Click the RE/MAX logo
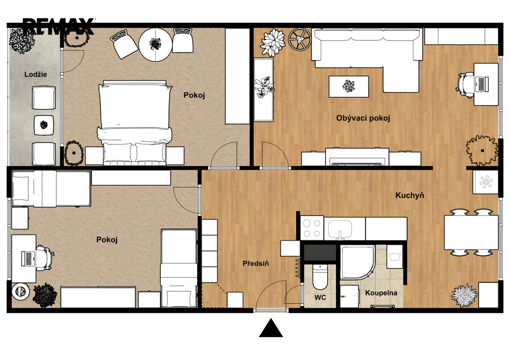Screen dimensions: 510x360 [x=59, y=26]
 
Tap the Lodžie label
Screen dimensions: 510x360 [x=36, y=75]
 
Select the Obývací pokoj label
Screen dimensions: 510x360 [x=363, y=118]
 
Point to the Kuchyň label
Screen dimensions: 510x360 [x=410, y=196]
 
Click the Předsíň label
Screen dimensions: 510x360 [x=255, y=263]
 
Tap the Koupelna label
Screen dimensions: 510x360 [x=381, y=293]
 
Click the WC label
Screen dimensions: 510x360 [x=320, y=298]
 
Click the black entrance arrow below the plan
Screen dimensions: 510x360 [x=271, y=328]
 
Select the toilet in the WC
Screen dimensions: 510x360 [x=320, y=277]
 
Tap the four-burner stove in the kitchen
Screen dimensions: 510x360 [x=312, y=228]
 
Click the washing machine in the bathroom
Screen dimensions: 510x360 [x=394, y=256]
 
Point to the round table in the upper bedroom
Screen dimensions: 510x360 [x=155, y=44]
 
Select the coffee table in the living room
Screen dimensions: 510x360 [x=349, y=86]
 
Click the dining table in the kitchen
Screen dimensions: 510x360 [x=471, y=232]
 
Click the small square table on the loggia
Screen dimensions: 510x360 [x=44, y=125]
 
